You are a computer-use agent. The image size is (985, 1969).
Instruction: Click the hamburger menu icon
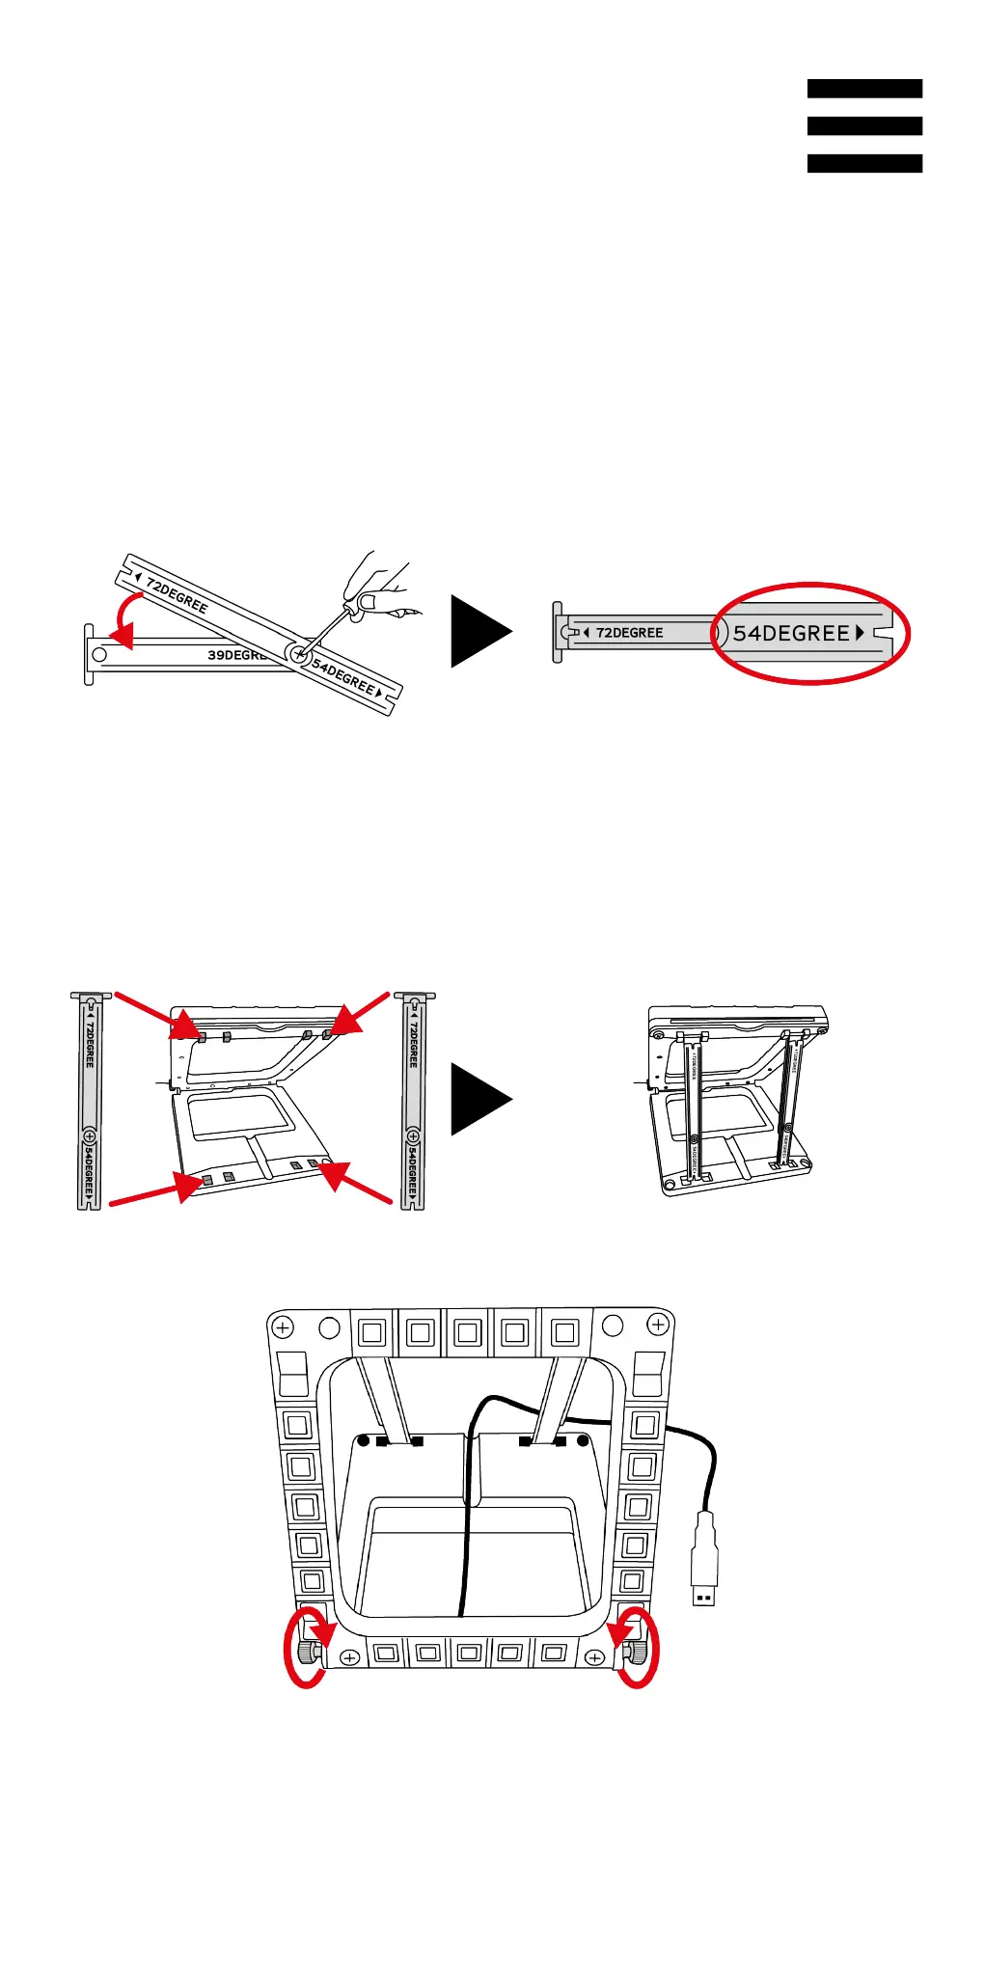pos(864,125)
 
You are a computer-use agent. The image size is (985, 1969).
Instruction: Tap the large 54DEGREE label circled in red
pos(792,633)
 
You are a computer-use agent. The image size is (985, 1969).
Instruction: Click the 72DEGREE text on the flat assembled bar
pos(629,633)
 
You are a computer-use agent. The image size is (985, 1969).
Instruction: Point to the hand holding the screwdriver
pos(379,586)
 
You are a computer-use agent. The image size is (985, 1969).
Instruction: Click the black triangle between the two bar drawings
pos(479,631)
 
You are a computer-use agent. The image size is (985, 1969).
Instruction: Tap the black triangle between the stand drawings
pos(479,1099)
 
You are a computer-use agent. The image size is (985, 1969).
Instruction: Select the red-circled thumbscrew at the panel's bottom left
pos(307,1654)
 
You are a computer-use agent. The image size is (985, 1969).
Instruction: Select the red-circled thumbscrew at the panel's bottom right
pos(638,1654)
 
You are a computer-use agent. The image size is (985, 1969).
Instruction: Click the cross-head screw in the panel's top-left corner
pos(283,1328)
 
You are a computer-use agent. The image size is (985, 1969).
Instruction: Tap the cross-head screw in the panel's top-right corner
pos(658,1326)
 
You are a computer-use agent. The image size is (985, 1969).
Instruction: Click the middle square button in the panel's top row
pos(468,1333)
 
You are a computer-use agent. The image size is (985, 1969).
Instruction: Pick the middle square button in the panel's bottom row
pos(469,1653)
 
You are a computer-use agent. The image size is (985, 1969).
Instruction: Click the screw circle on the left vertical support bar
pos(89,1136)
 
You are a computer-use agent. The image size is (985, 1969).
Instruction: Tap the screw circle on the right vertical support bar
pos(413,1136)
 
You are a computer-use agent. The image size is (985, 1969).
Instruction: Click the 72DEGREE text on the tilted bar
pos(178,593)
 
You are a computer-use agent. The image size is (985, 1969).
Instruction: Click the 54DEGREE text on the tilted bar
pos(343,675)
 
